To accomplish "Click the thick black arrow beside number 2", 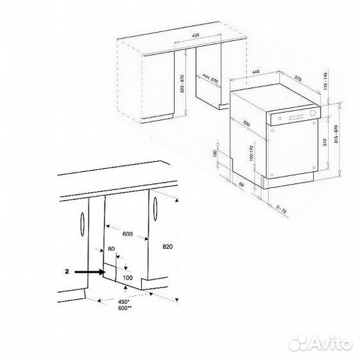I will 88,272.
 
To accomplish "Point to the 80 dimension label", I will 111,249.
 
